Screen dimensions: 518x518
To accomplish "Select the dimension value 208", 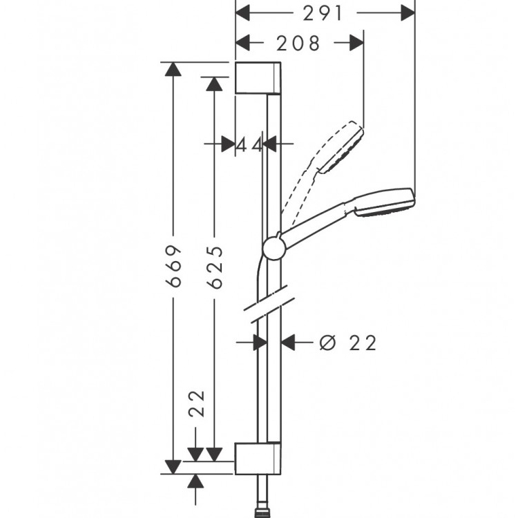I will (299, 43).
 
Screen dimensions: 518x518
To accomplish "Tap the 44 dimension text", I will (249, 144).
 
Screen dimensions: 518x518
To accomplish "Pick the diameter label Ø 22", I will (348, 342).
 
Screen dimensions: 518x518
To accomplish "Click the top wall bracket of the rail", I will (258, 77).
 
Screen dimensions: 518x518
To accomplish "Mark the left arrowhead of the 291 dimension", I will (244, 12).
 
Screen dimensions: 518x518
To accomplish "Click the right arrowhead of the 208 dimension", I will (355, 43).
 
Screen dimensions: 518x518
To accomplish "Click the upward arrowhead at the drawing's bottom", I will (197, 481).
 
